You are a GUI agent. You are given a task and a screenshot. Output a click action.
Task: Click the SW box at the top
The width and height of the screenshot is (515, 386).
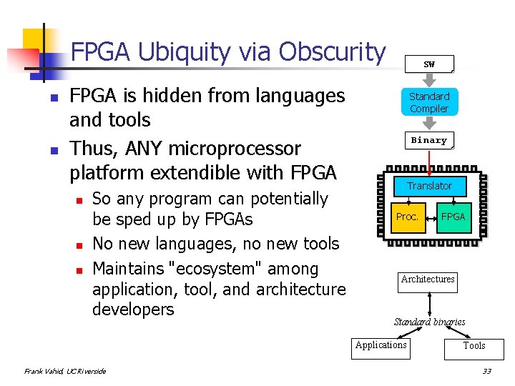click(429, 64)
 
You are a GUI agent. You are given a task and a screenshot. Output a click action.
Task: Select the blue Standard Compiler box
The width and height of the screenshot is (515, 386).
click(429, 102)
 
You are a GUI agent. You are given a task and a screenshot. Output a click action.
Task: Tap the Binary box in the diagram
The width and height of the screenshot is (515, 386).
click(429, 141)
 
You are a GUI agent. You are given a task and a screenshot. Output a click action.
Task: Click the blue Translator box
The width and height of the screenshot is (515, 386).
click(429, 186)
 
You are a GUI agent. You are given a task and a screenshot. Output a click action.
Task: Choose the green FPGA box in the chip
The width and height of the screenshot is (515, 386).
click(453, 217)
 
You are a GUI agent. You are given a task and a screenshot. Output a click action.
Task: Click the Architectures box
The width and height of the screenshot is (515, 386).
click(428, 279)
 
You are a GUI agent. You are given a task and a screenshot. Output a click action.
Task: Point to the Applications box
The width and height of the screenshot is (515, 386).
click(381, 346)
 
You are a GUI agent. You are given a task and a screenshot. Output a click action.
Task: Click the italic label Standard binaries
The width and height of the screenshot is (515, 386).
click(429, 322)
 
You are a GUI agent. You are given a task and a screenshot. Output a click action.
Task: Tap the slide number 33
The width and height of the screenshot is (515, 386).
click(487, 371)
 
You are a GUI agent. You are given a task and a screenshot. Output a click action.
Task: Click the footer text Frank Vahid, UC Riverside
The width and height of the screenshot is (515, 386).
click(65, 371)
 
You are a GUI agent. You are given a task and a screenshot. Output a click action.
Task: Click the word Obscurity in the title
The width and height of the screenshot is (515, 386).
click(333, 52)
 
